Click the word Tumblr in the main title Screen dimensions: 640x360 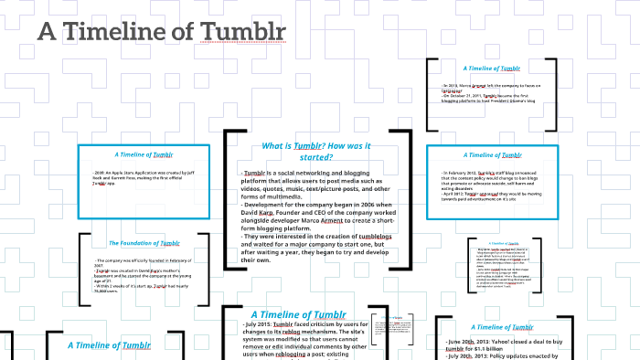(x=239, y=32)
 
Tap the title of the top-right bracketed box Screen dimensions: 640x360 (x=492, y=68)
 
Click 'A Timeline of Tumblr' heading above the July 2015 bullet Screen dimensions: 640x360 (x=298, y=314)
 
